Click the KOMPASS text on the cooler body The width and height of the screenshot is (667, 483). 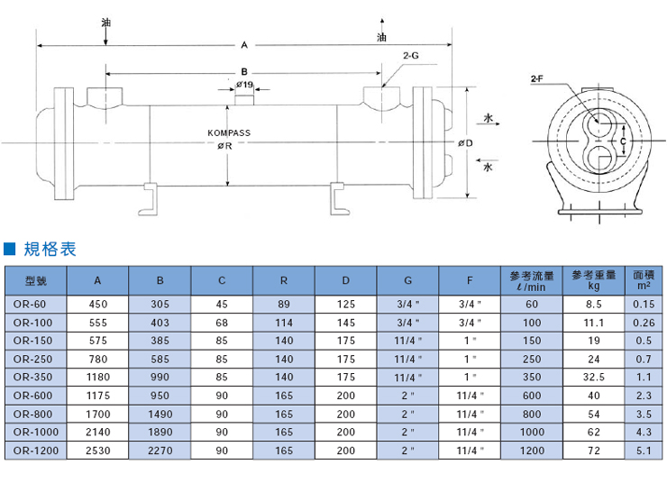pyautogui.click(x=229, y=133)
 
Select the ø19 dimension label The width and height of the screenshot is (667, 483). pyautogui.click(x=244, y=85)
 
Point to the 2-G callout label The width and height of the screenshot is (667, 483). pyautogui.click(x=411, y=55)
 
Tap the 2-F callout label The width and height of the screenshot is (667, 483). pyautogui.click(x=537, y=78)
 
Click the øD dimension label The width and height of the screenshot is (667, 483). pyautogui.click(x=465, y=143)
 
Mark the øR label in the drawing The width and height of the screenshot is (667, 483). pyautogui.click(x=225, y=146)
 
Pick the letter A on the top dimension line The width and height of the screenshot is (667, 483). pyautogui.click(x=244, y=45)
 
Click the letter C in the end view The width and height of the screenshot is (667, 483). pyautogui.click(x=623, y=141)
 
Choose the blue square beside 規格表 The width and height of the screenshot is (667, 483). pyautogui.click(x=9, y=249)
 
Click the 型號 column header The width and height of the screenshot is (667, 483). pyautogui.click(x=36, y=280)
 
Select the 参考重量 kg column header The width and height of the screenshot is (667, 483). pyautogui.click(x=594, y=280)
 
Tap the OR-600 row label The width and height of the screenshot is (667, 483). pyautogui.click(x=32, y=396)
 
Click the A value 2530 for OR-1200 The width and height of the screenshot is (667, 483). pyautogui.click(x=98, y=451)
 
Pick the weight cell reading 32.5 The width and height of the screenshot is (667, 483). pyautogui.click(x=594, y=378)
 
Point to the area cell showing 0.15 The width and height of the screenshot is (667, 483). pyautogui.click(x=644, y=305)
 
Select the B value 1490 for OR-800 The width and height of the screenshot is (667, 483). pyautogui.click(x=160, y=415)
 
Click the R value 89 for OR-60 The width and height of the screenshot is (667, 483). pyautogui.click(x=284, y=305)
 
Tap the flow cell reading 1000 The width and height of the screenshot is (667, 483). pyautogui.click(x=532, y=433)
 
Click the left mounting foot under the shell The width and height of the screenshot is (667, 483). pyautogui.click(x=149, y=199)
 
